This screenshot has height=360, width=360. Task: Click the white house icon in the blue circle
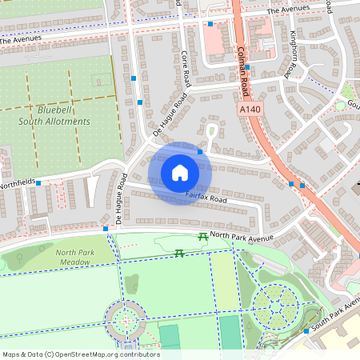pyautogui.click(x=180, y=172)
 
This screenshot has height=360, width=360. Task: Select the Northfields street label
pyautogui.click(x=18, y=182)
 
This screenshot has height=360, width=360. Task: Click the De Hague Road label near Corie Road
pyautogui.click(x=170, y=115)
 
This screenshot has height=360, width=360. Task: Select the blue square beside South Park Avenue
pyautogui.click(x=306, y=330)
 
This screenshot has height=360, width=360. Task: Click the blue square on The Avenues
pyautogui.click(x=210, y=24)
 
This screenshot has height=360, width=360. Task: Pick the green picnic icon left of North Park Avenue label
pyautogui.click(x=203, y=236)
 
